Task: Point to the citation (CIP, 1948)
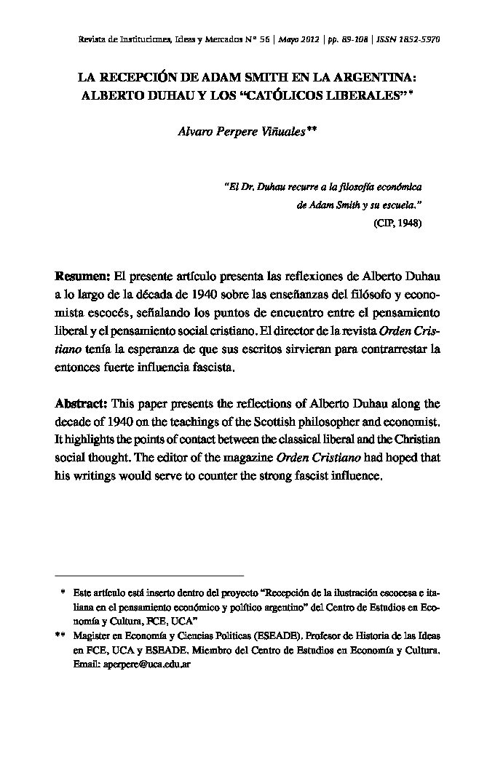point(397,223)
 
